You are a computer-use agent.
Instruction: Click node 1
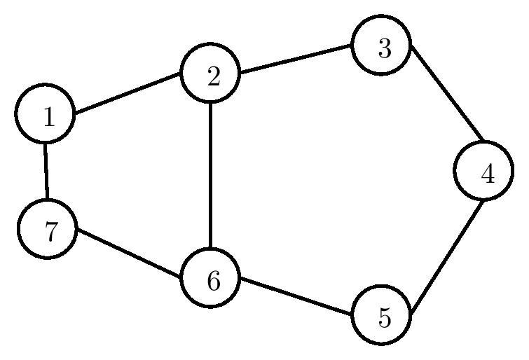click(x=46, y=116)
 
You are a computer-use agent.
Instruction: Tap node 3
click(x=382, y=48)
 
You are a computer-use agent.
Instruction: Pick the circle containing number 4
click(x=484, y=171)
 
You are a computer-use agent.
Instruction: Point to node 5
click(x=382, y=315)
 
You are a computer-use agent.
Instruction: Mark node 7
click(x=48, y=229)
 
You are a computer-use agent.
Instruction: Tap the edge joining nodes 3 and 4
click(x=446, y=94)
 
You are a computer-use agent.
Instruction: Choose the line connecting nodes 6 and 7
click(x=130, y=254)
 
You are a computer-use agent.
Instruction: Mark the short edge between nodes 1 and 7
click(x=46, y=172)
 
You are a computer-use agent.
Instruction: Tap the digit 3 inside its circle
click(x=383, y=49)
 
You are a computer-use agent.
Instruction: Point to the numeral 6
click(x=213, y=281)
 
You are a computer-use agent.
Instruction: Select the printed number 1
click(x=48, y=117)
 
